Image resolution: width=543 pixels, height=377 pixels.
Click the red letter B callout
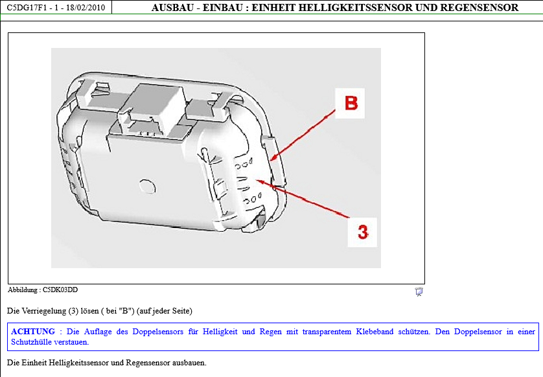point(351,103)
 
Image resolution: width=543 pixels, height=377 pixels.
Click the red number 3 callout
point(363,232)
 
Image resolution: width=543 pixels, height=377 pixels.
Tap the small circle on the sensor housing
point(147,187)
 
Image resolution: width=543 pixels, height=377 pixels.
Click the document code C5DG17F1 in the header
point(27,7)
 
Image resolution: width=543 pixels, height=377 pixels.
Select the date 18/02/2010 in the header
point(85,7)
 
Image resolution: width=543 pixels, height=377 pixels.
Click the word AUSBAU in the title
point(172,7)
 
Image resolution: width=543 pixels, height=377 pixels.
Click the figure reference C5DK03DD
point(60,290)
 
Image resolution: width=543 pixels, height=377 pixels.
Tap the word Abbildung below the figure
point(22,290)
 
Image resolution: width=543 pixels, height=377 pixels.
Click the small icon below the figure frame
point(419,291)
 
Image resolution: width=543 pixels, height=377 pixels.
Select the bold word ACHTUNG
point(33,331)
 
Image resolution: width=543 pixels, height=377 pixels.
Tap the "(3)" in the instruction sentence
point(73,311)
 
